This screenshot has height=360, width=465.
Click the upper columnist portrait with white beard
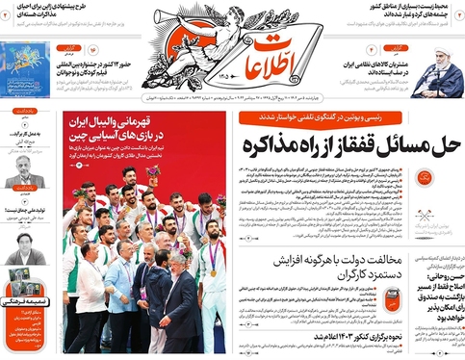25,172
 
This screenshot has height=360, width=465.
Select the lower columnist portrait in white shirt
25,253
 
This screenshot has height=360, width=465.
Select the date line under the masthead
289,97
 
